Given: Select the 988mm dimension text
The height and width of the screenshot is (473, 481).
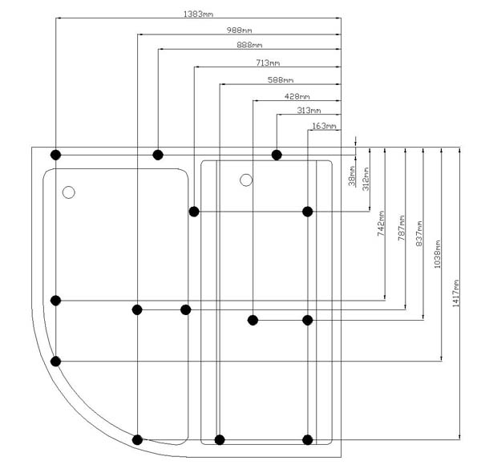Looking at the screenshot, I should pyautogui.click(x=238, y=30).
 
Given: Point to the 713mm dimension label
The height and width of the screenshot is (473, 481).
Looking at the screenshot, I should pyautogui.click(x=268, y=63).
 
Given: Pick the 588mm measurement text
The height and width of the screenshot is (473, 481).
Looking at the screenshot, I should pyautogui.click(x=281, y=79).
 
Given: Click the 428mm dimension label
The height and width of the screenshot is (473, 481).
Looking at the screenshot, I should pyautogui.click(x=298, y=96).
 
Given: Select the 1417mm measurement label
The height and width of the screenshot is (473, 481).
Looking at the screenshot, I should pyautogui.click(x=456, y=293).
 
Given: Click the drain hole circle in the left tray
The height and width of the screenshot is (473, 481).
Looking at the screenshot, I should pyautogui.click(x=68, y=192).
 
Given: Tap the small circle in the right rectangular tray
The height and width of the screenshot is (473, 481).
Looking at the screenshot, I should pyautogui.click(x=246, y=180).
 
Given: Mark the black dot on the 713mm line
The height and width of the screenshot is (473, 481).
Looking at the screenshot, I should pyautogui.click(x=194, y=212).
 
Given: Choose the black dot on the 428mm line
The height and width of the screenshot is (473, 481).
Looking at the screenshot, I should pyautogui.click(x=253, y=320).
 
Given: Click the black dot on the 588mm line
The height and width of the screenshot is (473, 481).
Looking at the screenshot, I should pyautogui.click(x=220, y=439).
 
